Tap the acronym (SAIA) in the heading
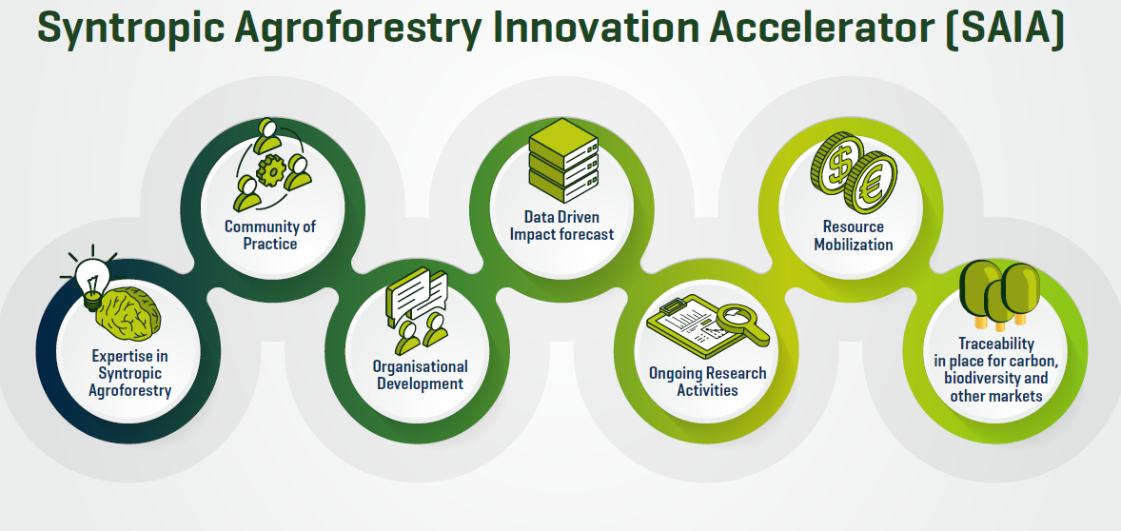point(1005,29)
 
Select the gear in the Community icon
point(271,170)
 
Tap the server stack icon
point(562,160)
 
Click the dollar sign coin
point(836,162)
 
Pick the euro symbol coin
point(870,183)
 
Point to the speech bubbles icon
point(416,295)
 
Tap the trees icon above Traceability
point(999,294)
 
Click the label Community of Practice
point(270,235)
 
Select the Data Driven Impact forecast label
point(561,226)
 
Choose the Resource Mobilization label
point(854,235)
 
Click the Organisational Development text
point(421,375)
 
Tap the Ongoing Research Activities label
point(707,381)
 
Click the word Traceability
point(996,344)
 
